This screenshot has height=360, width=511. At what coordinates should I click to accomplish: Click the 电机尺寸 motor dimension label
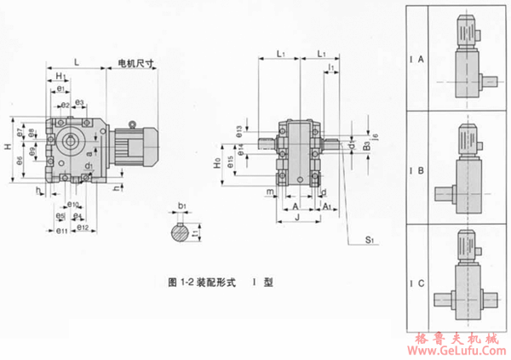(134, 64)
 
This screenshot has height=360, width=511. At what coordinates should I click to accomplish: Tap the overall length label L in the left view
(78, 62)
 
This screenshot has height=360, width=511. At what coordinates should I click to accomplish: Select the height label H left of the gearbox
(8, 147)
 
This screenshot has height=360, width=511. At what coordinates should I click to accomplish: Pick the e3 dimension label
(78, 103)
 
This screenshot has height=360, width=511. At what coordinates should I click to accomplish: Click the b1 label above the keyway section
(182, 207)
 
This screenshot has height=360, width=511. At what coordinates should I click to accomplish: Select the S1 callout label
(370, 241)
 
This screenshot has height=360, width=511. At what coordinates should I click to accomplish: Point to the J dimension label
(298, 217)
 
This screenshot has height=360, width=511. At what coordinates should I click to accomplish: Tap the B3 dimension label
(364, 146)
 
